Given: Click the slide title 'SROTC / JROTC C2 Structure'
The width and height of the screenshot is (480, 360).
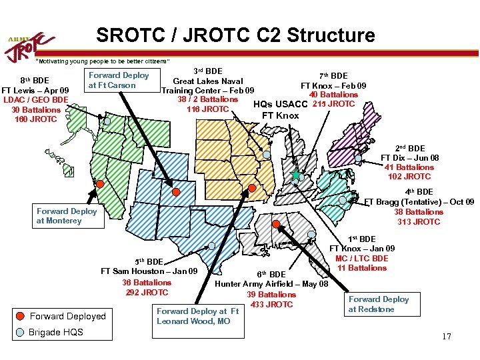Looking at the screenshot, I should (x=235, y=35).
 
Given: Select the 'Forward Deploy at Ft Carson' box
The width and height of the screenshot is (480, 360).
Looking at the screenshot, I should (x=119, y=80).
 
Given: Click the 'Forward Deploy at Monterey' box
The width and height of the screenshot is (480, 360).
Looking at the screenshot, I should (x=67, y=216).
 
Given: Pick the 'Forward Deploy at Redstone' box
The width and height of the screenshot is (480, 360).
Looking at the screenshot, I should (x=379, y=304).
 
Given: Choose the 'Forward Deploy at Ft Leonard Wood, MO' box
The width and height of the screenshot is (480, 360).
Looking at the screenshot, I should (x=197, y=316).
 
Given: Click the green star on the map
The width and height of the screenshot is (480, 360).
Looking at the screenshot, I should (x=296, y=175).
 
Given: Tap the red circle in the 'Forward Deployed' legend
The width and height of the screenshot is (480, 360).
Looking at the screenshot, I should (x=21, y=316).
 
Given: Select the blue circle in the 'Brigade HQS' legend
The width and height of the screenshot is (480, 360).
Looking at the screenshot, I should (x=21, y=332).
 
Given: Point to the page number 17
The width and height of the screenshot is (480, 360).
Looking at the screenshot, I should (x=446, y=337).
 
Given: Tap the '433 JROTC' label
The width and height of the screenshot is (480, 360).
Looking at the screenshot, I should (x=271, y=305).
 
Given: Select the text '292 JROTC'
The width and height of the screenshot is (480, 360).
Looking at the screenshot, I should (x=146, y=292).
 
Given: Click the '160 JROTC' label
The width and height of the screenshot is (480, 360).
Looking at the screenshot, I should (x=35, y=119).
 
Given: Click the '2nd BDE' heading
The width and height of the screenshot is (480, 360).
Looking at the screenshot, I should (x=410, y=148).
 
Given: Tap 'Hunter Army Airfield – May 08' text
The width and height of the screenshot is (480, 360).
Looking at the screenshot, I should (x=271, y=284).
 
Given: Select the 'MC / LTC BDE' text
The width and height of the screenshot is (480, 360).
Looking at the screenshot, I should (x=361, y=259).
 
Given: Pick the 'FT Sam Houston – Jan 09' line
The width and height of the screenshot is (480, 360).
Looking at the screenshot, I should (x=149, y=271).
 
